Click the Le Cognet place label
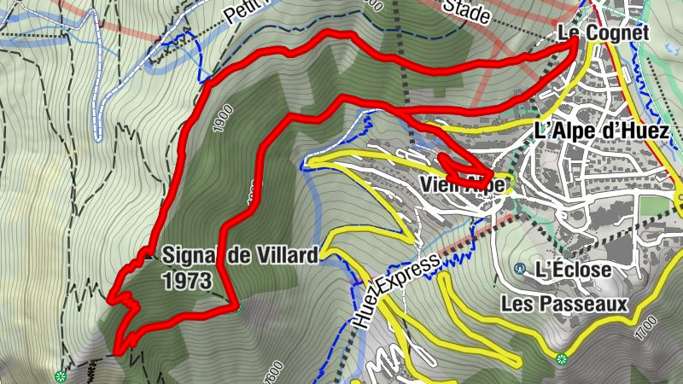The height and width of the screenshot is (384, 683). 604,33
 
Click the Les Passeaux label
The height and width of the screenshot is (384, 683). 564,304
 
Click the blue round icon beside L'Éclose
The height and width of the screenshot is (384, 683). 520,269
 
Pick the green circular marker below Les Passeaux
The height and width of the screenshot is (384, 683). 561,359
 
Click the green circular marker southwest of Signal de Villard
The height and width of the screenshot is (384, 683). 60,376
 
